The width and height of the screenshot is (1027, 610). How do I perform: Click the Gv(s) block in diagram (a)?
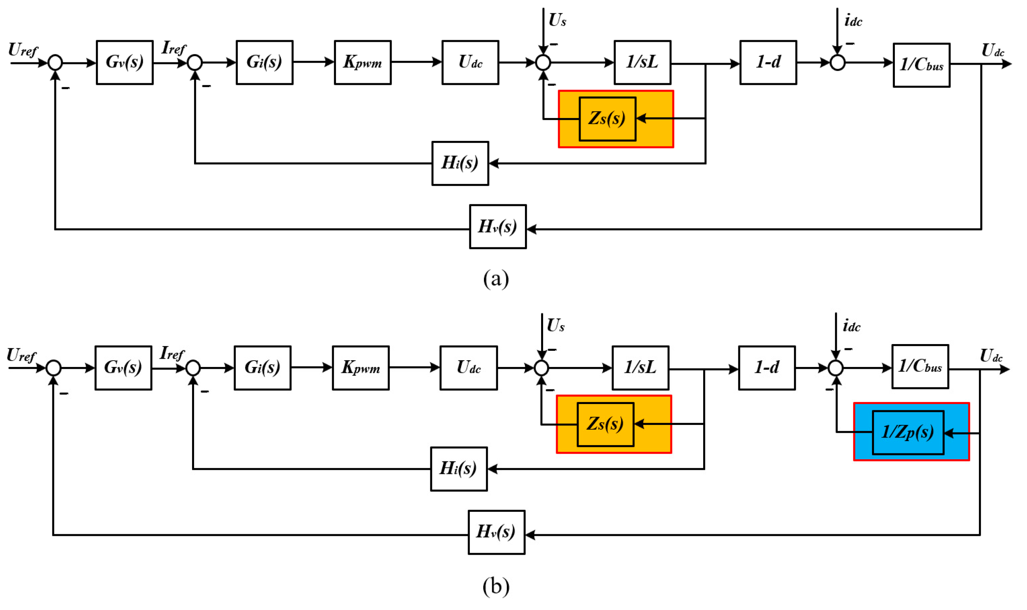click(x=125, y=62)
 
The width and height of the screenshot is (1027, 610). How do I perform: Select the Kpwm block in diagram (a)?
click(x=362, y=62)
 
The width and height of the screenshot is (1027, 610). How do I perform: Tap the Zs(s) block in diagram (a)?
click(x=607, y=119)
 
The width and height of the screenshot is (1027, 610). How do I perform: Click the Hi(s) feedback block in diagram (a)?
click(x=460, y=163)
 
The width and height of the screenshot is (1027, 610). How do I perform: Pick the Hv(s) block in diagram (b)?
click(x=496, y=532)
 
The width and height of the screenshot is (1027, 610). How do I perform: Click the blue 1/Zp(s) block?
click(x=907, y=432)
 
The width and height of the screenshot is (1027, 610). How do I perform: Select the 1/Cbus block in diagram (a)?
click(x=921, y=65)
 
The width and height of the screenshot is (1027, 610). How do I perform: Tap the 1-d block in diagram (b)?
click(x=766, y=367)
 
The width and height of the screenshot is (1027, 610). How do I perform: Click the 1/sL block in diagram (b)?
click(x=640, y=367)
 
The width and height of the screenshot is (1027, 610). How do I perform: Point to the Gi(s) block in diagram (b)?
click(x=262, y=367)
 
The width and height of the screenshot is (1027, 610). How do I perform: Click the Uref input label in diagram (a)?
click(x=22, y=50)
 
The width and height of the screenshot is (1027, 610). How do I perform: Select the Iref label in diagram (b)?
click(x=172, y=353)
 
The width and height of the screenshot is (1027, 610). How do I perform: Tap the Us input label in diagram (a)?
click(x=557, y=20)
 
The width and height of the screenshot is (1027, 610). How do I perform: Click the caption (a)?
click(x=496, y=279)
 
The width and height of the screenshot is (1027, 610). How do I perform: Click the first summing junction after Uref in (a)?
click(x=55, y=63)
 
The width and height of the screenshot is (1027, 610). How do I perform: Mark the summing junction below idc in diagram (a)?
click(x=837, y=63)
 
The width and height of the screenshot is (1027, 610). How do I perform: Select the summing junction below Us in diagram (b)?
click(x=541, y=368)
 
